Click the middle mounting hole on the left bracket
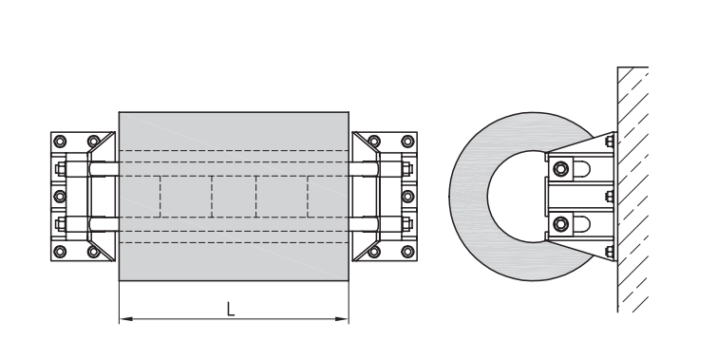coord(59,196)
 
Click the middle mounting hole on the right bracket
coord(409,196)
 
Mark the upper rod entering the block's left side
coord(103,171)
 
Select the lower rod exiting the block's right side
coord(365,224)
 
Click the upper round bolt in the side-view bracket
coord(560,169)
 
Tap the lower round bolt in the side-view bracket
coord(560,223)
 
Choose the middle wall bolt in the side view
coord(608,197)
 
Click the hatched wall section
coord(634,190)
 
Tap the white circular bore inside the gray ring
coord(513,197)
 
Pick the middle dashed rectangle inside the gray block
coord(234,197)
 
